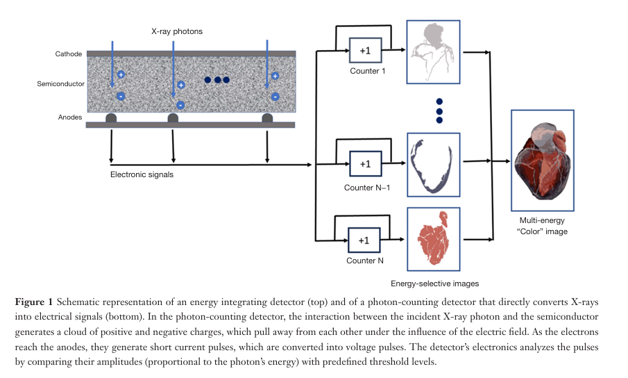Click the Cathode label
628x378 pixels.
(x=69, y=54)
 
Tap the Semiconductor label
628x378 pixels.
(x=60, y=84)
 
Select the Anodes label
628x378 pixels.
(x=70, y=117)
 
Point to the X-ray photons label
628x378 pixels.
(x=177, y=31)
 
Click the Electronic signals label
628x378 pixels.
(x=142, y=174)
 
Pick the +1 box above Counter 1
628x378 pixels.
(x=365, y=51)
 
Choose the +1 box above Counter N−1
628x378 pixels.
(x=365, y=164)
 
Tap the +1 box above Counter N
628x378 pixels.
(x=364, y=240)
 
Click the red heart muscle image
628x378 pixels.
(x=433, y=239)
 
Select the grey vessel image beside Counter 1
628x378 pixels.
(x=433, y=52)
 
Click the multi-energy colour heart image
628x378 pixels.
(x=543, y=161)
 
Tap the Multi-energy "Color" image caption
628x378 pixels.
(x=542, y=226)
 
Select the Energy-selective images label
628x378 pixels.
(x=435, y=283)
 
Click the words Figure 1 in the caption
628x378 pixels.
(x=33, y=302)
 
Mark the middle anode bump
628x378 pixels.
(x=173, y=118)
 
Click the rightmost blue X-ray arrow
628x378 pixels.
(x=267, y=64)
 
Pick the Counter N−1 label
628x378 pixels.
(x=367, y=188)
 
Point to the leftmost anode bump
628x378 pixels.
(x=111, y=118)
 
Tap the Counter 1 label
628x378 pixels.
(x=368, y=71)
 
